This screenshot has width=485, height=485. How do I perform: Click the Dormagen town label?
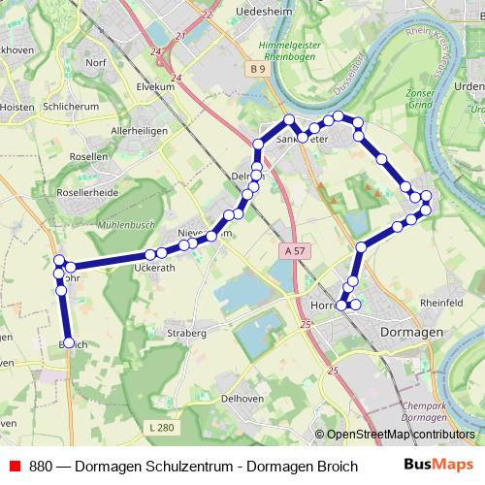pos(407,331)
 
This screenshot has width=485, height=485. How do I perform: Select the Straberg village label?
pos(186,333)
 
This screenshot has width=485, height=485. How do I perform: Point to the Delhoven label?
pos(242,397)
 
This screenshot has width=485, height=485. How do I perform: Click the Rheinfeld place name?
pos(440,302)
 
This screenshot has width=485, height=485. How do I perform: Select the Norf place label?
pos(95,63)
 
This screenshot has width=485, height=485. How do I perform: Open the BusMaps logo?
pos(437,465)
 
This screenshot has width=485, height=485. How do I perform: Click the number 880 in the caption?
pos(41,465)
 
